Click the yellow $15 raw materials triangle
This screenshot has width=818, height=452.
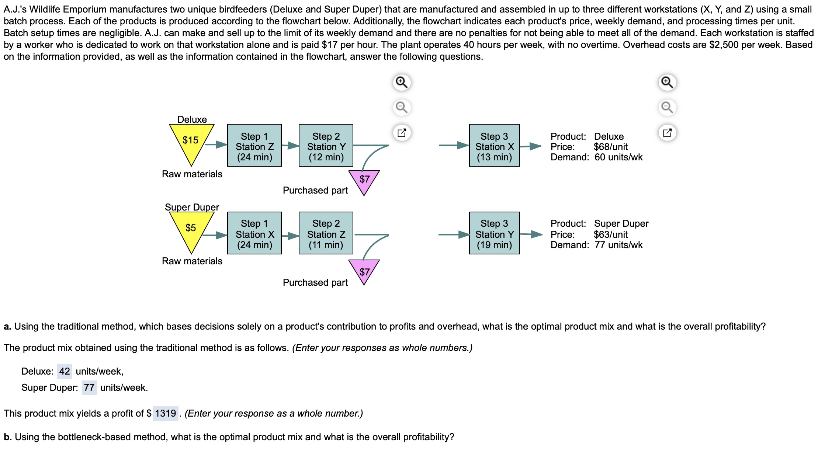tap(191, 142)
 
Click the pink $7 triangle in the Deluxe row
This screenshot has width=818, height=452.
tap(364, 180)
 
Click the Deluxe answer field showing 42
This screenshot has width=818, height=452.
tap(65, 371)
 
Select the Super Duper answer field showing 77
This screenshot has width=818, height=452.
tap(89, 387)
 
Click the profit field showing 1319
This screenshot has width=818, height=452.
tap(165, 413)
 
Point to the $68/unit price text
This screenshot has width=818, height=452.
tap(610, 147)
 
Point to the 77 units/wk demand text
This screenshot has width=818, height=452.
tap(618, 245)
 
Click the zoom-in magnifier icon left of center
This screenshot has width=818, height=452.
tap(402, 82)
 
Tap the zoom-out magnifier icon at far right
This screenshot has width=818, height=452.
tap(667, 107)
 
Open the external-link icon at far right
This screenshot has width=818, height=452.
tap(667, 133)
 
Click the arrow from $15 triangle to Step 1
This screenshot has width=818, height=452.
tap(216, 145)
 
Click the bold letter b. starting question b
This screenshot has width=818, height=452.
tap(8, 437)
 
